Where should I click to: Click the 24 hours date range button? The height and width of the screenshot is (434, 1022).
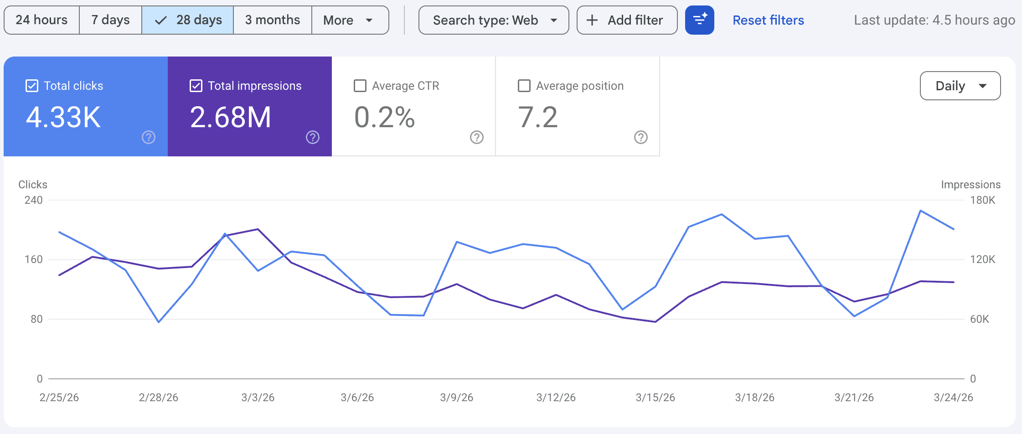click(41, 20)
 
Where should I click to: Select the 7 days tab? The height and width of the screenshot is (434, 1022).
click(110, 20)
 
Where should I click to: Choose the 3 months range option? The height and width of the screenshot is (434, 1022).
click(272, 20)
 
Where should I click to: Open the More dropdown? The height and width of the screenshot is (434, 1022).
click(349, 20)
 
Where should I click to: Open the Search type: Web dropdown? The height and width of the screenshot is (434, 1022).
click(494, 20)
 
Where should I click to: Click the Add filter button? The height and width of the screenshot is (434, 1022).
click(627, 20)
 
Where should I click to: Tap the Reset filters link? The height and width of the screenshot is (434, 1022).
click(768, 20)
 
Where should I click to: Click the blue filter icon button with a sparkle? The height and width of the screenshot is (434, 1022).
click(699, 20)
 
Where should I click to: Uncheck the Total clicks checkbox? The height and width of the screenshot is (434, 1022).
click(32, 86)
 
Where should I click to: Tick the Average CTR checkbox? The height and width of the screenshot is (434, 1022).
click(360, 86)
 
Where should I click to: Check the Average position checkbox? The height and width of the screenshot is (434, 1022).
click(524, 86)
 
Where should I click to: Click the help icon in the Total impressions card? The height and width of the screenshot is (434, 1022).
click(313, 137)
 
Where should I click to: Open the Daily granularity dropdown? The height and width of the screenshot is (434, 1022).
click(960, 86)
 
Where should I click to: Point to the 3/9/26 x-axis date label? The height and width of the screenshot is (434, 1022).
click(456, 398)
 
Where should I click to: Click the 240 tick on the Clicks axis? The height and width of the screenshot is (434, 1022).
click(34, 200)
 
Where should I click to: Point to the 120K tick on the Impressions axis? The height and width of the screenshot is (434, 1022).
click(982, 259)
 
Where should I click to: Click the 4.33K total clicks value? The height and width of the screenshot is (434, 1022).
click(63, 117)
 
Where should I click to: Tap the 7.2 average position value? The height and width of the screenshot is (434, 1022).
click(538, 117)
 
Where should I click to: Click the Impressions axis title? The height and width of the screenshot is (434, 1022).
click(970, 185)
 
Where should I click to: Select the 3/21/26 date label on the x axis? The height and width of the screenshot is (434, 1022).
click(854, 398)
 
